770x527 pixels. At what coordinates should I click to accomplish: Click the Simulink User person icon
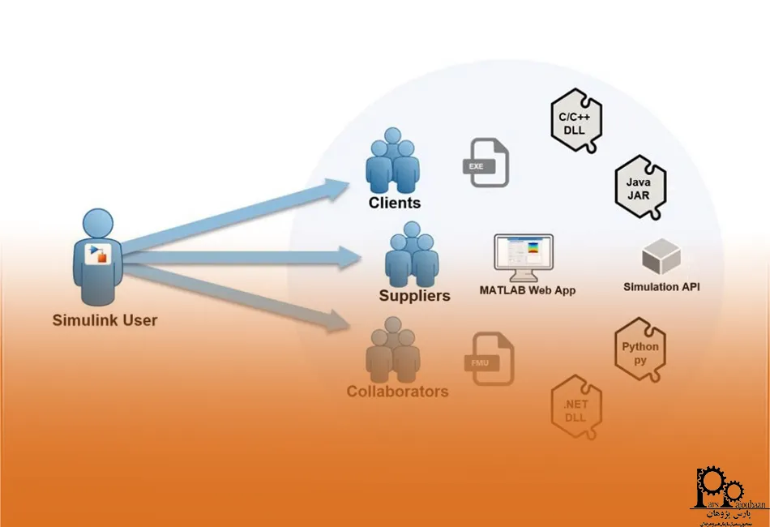(x=99, y=255)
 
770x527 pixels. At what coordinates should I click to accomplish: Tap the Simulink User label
(x=105, y=319)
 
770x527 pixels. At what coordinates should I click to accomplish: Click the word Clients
(x=395, y=203)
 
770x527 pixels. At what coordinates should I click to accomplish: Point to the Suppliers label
(x=414, y=296)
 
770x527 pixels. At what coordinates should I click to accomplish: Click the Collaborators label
(x=397, y=392)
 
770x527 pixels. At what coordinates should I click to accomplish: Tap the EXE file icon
(x=487, y=163)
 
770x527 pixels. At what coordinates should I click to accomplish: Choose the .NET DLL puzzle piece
(x=575, y=407)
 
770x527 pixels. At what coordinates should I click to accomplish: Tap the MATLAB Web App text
(x=527, y=289)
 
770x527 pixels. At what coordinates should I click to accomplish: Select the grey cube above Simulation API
(x=661, y=256)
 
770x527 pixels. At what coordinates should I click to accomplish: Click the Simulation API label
(x=661, y=286)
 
